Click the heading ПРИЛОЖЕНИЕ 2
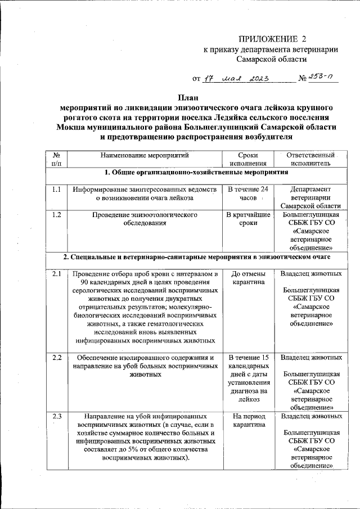(x=274, y=39)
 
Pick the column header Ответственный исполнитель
(x=310, y=159)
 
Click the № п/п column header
(x=56, y=159)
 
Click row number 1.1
(x=56, y=190)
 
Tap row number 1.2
(x=56, y=214)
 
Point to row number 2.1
(x=56, y=274)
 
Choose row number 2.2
(x=56, y=357)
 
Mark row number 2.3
(x=56, y=416)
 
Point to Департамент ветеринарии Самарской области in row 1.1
(x=310, y=198)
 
